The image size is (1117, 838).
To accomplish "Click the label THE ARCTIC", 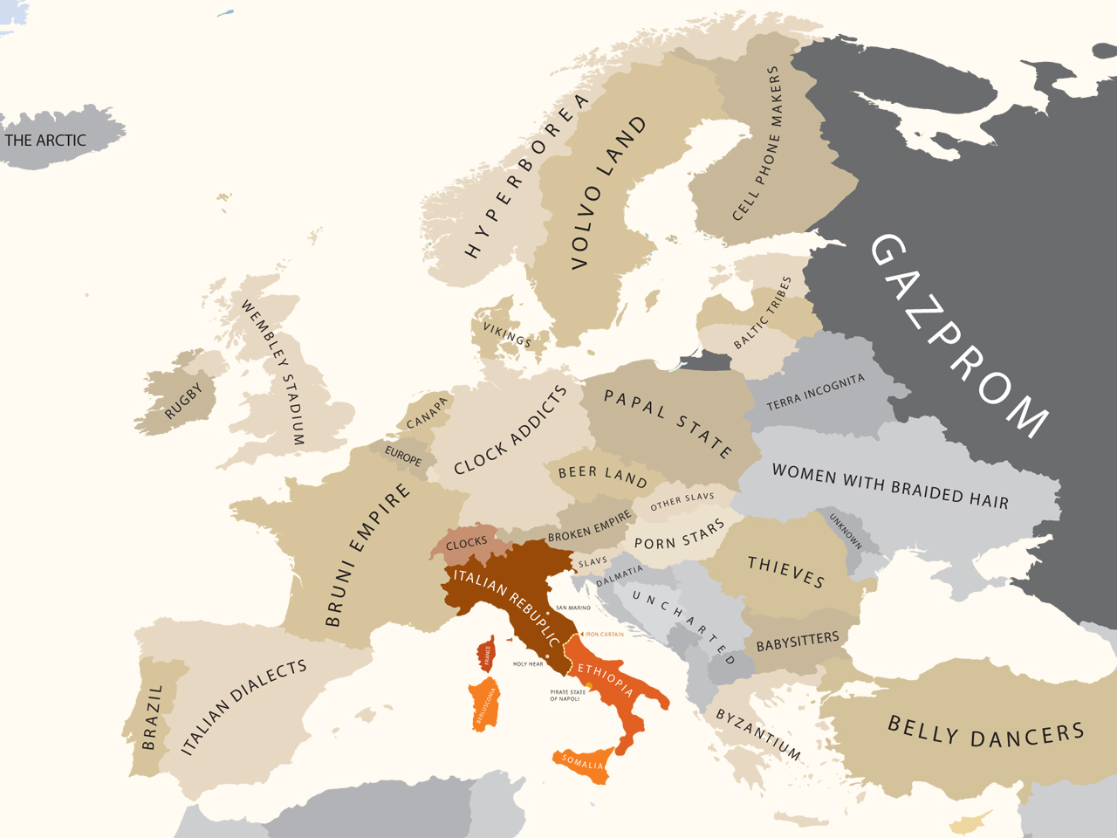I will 45,141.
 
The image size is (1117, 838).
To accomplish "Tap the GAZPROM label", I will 959,335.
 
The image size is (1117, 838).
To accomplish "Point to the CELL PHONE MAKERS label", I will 757,144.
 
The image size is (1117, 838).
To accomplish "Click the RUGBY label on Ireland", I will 183,401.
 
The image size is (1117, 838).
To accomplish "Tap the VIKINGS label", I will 507,334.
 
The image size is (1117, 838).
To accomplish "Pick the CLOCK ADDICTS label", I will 511,430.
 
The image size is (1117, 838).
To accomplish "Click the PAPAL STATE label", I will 668,423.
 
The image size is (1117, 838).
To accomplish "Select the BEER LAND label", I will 602,475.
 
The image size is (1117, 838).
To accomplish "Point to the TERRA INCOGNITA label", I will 815,392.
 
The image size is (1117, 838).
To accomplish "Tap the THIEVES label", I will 785,571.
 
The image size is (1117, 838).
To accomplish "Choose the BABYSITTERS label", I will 797,642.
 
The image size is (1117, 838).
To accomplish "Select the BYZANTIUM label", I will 757,733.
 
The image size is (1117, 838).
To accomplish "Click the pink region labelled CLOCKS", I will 467,543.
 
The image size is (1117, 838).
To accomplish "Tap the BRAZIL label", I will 154,717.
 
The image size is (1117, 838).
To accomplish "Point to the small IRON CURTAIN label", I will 604,635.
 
